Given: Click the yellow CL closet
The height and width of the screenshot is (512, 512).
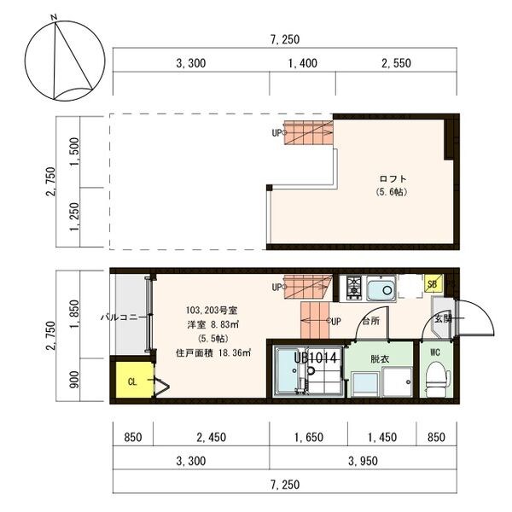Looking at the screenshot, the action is (x=135, y=380).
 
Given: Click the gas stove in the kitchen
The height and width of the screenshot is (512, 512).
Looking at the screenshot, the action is (x=353, y=288).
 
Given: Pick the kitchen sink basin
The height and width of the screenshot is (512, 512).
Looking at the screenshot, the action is (x=381, y=288).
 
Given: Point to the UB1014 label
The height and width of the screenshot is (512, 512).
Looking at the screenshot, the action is (x=315, y=358).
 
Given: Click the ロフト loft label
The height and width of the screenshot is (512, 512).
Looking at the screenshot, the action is (x=393, y=179).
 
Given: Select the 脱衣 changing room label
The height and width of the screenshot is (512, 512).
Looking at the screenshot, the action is (x=380, y=359).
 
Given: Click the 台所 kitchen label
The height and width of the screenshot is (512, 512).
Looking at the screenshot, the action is (x=371, y=321).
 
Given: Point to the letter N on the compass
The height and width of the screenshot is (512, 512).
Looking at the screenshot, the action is (x=55, y=18).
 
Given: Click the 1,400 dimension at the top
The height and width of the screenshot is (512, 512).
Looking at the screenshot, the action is (x=302, y=63).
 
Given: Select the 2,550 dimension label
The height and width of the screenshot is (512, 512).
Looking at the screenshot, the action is (x=396, y=63).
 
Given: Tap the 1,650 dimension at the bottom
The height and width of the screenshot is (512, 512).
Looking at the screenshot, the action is (x=309, y=437).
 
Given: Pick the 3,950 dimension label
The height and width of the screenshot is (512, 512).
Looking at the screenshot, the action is (x=363, y=461).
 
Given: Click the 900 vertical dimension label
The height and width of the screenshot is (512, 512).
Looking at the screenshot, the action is (x=75, y=380).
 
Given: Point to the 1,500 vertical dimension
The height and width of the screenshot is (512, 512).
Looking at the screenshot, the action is (x=75, y=152).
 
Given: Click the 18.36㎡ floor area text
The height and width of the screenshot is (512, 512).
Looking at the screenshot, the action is (x=234, y=353).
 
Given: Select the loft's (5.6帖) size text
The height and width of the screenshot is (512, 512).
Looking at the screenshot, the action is (x=392, y=192).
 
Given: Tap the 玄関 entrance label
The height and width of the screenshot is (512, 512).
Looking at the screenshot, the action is (x=443, y=318).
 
